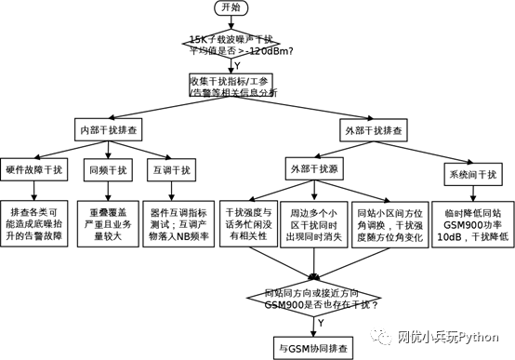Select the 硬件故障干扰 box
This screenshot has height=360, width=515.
35,169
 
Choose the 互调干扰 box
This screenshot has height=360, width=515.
170,169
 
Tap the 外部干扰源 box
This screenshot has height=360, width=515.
314,168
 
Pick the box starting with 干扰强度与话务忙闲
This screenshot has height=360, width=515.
248,225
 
